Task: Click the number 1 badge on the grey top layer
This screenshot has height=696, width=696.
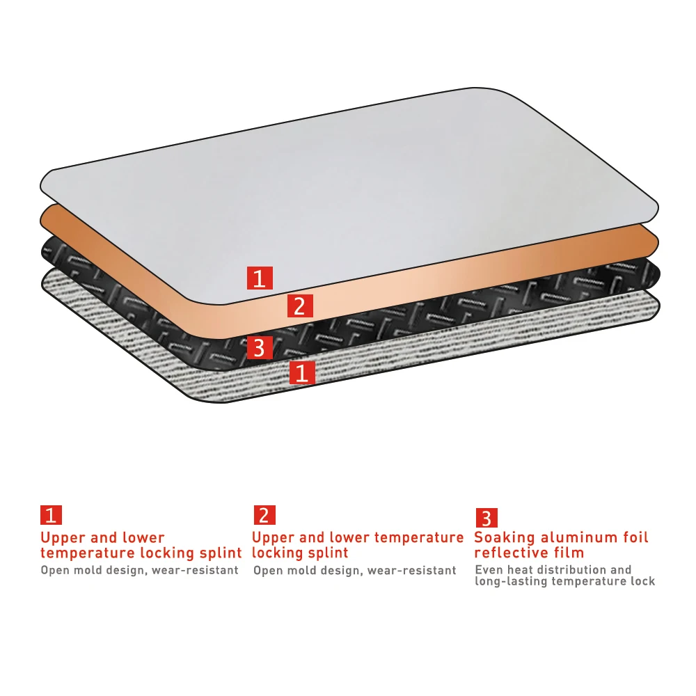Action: pos(260,278)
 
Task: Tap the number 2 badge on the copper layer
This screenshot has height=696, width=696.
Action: pos(300,305)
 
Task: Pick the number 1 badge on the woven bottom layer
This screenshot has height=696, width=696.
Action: pos(302,372)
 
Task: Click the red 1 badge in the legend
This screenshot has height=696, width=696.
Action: pos(51,515)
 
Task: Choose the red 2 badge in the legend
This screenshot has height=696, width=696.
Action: pos(263,515)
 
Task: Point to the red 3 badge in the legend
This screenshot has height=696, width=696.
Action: pos(487,518)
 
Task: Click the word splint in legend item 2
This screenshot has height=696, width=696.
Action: pos(328,553)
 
